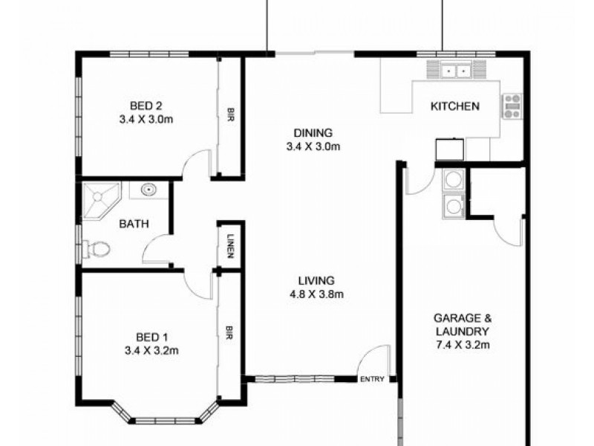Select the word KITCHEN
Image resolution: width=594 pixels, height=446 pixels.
tap(454, 106)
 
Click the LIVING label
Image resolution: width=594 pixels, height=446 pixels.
tap(316, 281)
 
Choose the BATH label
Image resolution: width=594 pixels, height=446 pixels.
tap(134, 223)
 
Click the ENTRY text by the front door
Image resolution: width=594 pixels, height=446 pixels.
tap(372, 380)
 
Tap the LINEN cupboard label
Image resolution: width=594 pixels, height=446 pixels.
tap(231, 246)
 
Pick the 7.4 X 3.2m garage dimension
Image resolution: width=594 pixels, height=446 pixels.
tap(461, 344)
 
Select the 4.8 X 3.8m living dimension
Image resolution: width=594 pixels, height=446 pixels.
tap(316, 294)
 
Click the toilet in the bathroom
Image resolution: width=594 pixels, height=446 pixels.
tap(97, 249)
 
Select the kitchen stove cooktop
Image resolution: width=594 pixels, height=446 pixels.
tap(512, 106)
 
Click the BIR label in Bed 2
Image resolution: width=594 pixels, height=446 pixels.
tap(231, 115)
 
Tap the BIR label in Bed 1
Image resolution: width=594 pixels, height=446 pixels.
tap(230, 331)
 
